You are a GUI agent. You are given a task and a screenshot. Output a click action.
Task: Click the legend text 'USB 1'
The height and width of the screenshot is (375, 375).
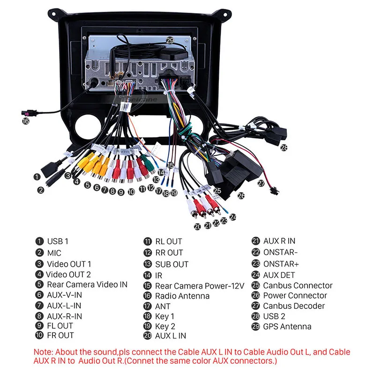[x=58, y=241]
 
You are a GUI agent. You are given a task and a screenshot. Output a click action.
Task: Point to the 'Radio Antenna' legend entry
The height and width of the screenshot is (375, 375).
[x=182, y=296]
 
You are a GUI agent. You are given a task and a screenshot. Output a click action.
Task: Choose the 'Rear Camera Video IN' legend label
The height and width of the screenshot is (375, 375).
[x=87, y=285]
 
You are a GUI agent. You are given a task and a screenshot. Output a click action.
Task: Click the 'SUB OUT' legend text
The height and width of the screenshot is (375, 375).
[x=172, y=264]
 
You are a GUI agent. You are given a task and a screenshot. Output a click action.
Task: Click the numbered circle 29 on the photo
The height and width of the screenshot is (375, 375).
[x=170, y=40]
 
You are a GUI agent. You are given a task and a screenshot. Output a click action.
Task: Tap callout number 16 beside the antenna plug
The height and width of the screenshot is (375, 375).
[x=26, y=121]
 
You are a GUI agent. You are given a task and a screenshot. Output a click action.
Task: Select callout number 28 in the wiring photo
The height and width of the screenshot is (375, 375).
[x=284, y=148]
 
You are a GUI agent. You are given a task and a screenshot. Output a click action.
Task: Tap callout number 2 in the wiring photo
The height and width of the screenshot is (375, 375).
[x=41, y=190]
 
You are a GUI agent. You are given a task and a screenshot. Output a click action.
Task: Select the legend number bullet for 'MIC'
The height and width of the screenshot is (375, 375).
[x=39, y=253]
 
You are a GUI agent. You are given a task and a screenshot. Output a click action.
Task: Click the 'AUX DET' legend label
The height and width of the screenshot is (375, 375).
[x=279, y=275]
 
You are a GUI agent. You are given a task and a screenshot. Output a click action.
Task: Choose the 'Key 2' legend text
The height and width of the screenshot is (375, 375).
[x=165, y=326]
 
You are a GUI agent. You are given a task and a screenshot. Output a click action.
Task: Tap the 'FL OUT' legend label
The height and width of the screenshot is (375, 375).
[x=60, y=325]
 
